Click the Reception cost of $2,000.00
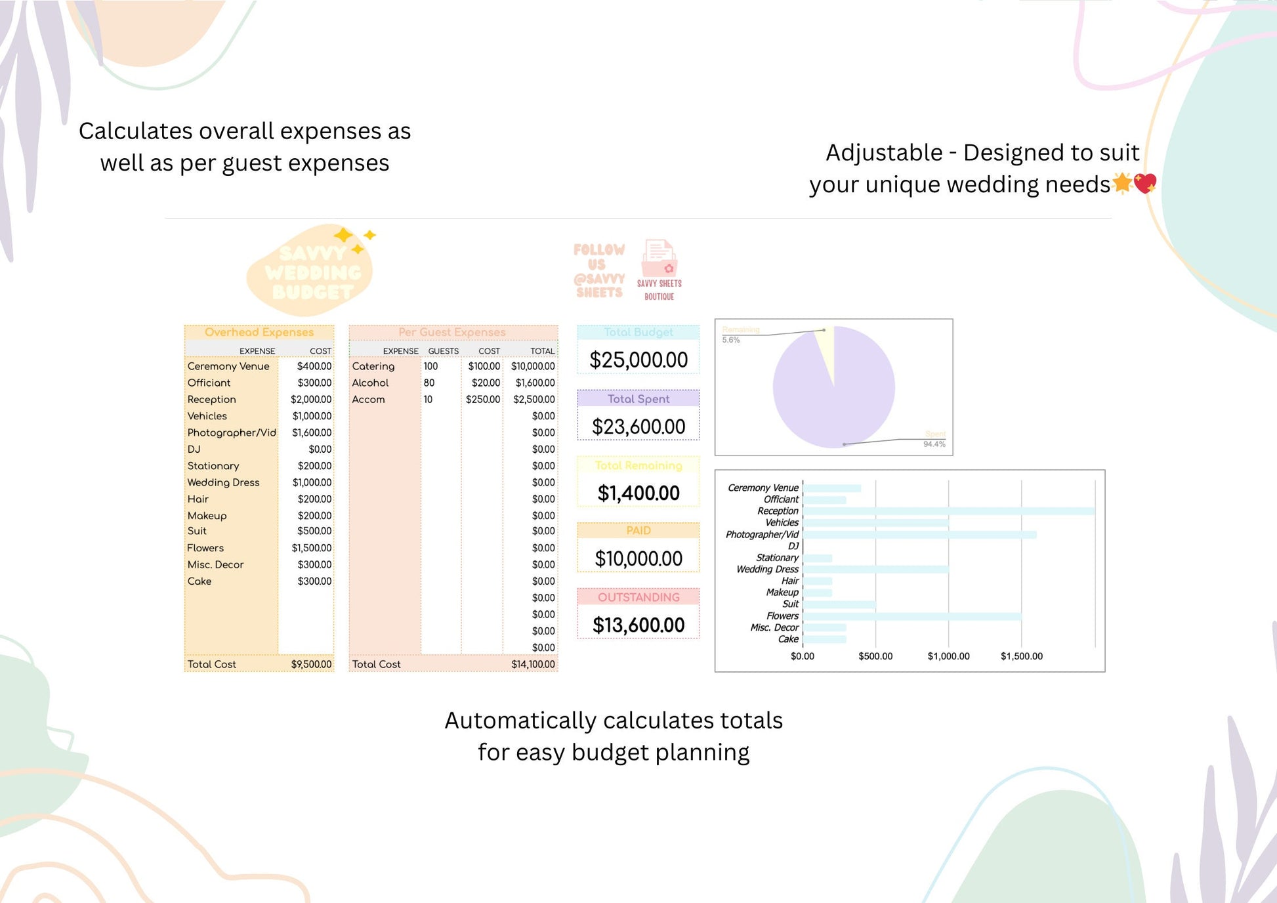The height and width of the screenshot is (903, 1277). pyautogui.click(x=311, y=400)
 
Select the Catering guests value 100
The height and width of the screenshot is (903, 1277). pyautogui.click(x=430, y=366)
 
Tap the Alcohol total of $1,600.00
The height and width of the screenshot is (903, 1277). pyautogui.click(x=535, y=383)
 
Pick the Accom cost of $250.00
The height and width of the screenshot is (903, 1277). pyautogui.click(x=483, y=400)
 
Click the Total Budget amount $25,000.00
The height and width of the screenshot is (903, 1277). pyautogui.click(x=638, y=360)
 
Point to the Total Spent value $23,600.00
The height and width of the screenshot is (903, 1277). pyautogui.click(x=638, y=427)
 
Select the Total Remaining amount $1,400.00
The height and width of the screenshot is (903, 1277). pyautogui.click(x=638, y=493)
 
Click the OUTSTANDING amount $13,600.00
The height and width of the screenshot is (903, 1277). pyautogui.click(x=638, y=625)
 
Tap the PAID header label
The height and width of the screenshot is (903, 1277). pyautogui.click(x=638, y=530)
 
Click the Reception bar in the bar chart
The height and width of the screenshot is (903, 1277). pyautogui.click(x=948, y=511)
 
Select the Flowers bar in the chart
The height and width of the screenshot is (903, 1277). pyautogui.click(x=912, y=616)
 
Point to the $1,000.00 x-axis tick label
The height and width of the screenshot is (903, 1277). pyautogui.click(x=948, y=656)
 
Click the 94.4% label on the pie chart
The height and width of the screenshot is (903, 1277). pyautogui.click(x=934, y=444)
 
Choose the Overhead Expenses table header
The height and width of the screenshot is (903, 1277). pyautogui.click(x=259, y=332)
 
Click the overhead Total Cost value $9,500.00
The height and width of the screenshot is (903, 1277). pyautogui.click(x=311, y=665)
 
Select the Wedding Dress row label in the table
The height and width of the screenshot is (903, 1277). pyautogui.click(x=224, y=482)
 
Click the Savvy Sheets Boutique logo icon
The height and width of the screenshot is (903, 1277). pyautogui.click(x=659, y=259)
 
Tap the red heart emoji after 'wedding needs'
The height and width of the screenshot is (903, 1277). pyautogui.click(x=1145, y=184)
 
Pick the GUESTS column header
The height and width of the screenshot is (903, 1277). pyautogui.click(x=444, y=351)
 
